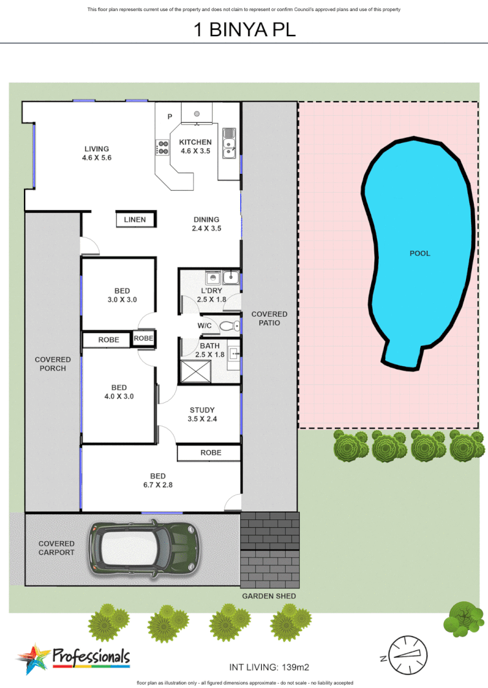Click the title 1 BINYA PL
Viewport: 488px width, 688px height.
point(244,30)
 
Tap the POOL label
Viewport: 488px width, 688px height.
point(419,253)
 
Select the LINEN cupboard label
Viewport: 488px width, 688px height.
point(135,220)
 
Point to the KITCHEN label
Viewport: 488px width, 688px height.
point(195,142)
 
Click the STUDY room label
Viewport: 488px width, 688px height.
point(202,410)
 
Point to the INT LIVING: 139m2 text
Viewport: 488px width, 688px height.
point(271,666)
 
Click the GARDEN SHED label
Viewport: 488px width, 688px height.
point(269,596)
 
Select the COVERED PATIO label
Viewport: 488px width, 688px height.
point(270,318)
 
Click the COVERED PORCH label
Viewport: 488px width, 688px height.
point(53,364)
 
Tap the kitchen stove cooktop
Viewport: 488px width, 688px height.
point(163,148)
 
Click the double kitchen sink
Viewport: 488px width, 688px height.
point(229,144)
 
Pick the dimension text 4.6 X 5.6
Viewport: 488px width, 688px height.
point(97,158)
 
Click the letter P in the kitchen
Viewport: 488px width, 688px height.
point(170,117)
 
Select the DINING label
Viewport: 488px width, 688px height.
point(206,220)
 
